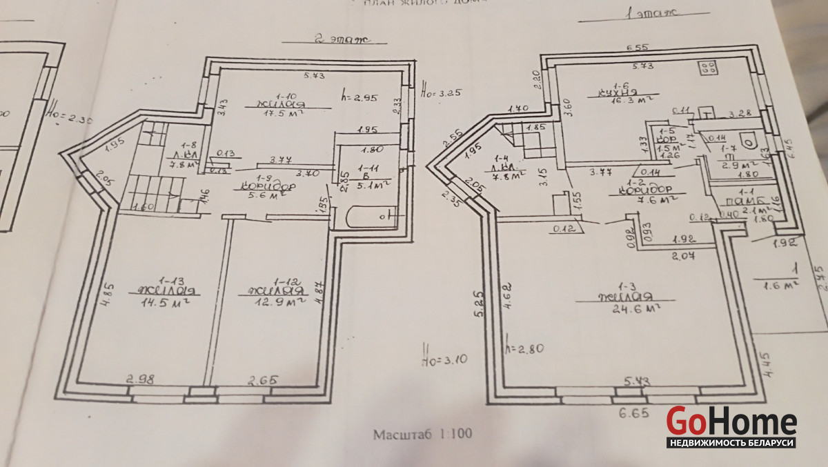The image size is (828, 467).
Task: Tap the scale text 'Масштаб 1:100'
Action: tap(422, 435)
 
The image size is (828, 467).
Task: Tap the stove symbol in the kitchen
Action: tap(707, 68)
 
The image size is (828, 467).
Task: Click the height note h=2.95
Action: tap(361, 97)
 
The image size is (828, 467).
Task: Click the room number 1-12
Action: tap(285, 281)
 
